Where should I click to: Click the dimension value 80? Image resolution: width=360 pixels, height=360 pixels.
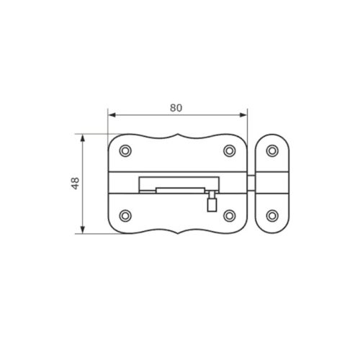(176, 108)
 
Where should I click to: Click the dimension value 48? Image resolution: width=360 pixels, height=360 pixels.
(76, 184)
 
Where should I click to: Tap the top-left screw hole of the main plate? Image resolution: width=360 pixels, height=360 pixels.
(125, 150)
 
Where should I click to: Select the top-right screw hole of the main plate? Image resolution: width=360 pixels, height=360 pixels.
(230, 150)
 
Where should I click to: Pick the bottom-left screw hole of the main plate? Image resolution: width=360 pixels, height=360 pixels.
(125, 215)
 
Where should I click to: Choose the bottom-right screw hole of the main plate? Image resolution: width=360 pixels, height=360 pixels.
(230, 215)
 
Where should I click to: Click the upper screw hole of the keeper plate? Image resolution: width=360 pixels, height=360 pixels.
(272, 150)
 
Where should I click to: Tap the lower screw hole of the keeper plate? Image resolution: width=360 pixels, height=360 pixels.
(272, 215)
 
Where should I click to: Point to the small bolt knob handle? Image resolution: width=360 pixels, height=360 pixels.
(212, 205)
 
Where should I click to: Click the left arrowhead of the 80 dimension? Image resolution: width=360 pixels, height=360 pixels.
(112, 115)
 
